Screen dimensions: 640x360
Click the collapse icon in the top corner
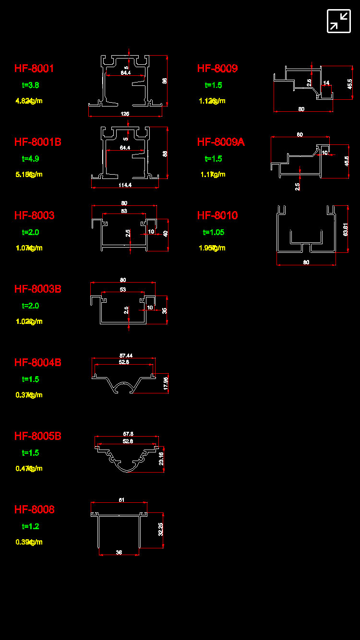coord(339,21)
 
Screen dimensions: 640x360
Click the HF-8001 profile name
coord(34,69)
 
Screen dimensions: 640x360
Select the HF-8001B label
coord(38,142)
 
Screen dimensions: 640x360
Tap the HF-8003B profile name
coord(38,289)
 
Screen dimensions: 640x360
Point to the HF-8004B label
coord(38,362)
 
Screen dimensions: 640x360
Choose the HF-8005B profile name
coord(38,436)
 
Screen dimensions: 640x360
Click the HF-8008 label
coord(35,510)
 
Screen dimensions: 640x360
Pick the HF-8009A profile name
coord(221,142)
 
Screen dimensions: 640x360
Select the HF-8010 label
coord(217,215)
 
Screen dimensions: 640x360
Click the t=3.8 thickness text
coord(31,85)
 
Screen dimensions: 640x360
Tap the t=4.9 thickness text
coord(31,159)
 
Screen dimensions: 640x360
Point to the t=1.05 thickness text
coord(214,232)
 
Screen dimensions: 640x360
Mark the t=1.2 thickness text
coord(31,526)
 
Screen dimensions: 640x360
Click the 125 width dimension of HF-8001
coord(125,114)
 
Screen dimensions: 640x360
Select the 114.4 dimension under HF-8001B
coord(125,185)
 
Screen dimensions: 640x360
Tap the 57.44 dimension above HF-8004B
coord(126,356)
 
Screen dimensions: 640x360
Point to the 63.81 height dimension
coord(346,229)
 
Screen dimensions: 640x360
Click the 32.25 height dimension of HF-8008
coord(161,530)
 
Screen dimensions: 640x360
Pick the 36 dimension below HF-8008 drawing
coord(119,553)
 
